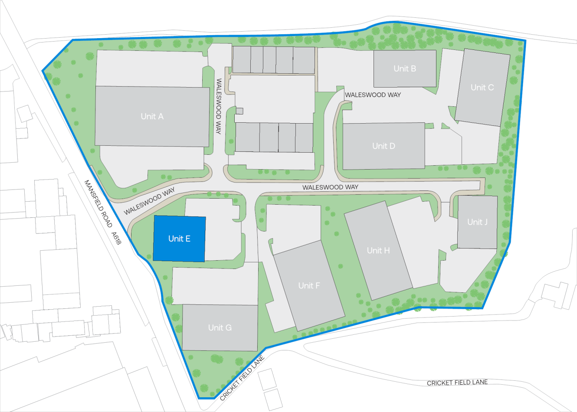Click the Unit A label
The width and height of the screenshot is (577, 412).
click(x=152, y=116)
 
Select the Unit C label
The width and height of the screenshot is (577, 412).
click(x=482, y=87)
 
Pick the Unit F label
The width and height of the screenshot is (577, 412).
click(x=309, y=285)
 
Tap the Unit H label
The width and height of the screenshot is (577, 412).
click(x=378, y=250)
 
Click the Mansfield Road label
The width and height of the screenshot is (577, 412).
click(x=98, y=203)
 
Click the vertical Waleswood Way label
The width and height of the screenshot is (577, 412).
click(x=219, y=106)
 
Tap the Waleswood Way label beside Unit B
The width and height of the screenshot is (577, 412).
click(x=373, y=95)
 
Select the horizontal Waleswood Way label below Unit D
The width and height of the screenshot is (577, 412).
click(x=330, y=187)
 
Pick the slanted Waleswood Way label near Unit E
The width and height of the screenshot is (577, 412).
click(x=149, y=201)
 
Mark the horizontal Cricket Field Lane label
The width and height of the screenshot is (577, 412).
click(x=457, y=383)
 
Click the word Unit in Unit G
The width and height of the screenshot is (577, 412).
click(x=215, y=327)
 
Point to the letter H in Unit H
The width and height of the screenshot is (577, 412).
click(x=387, y=250)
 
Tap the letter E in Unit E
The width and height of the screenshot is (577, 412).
click(x=188, y=239)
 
